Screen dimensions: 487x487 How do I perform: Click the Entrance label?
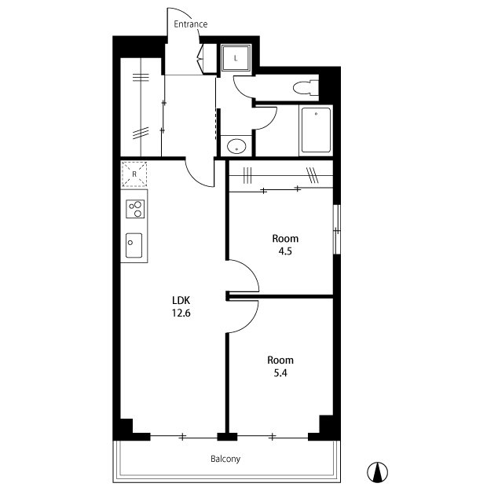coord(190,24)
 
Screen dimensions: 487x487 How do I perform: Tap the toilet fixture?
coord(306,88)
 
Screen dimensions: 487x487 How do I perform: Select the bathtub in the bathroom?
coord(316,130)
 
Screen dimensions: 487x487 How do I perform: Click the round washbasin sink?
coord(236,146)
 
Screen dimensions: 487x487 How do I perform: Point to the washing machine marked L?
coord(236,58)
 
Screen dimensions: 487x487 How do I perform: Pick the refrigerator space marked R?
coord(134,174)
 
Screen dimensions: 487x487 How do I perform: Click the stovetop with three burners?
coord(135,209)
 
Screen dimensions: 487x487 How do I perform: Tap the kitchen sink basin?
coord(134,245)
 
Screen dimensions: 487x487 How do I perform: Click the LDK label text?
coord(181,300)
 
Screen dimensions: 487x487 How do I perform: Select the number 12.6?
coord(181,313)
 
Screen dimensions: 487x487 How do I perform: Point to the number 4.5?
coord(285,251)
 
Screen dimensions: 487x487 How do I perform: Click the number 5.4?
coord(280,372)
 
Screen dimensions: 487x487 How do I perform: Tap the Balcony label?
coord(225,459)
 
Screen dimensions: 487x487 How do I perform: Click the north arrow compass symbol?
coord(377,472)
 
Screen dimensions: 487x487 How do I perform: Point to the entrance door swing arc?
coord(183,13)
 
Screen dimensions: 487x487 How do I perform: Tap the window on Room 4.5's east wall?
coord(337,229)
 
